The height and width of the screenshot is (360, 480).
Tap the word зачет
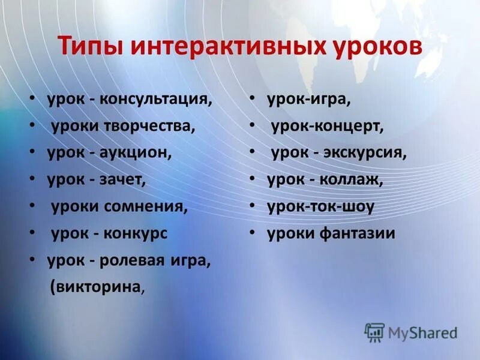(123, 179)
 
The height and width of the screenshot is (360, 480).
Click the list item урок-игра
(309, 99)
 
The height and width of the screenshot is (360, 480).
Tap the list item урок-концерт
(327, 127)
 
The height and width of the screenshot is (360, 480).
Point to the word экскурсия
(370, 153)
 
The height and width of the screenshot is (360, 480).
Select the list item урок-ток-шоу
(321, 206)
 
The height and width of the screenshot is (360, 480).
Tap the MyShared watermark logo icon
(374, 332)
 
